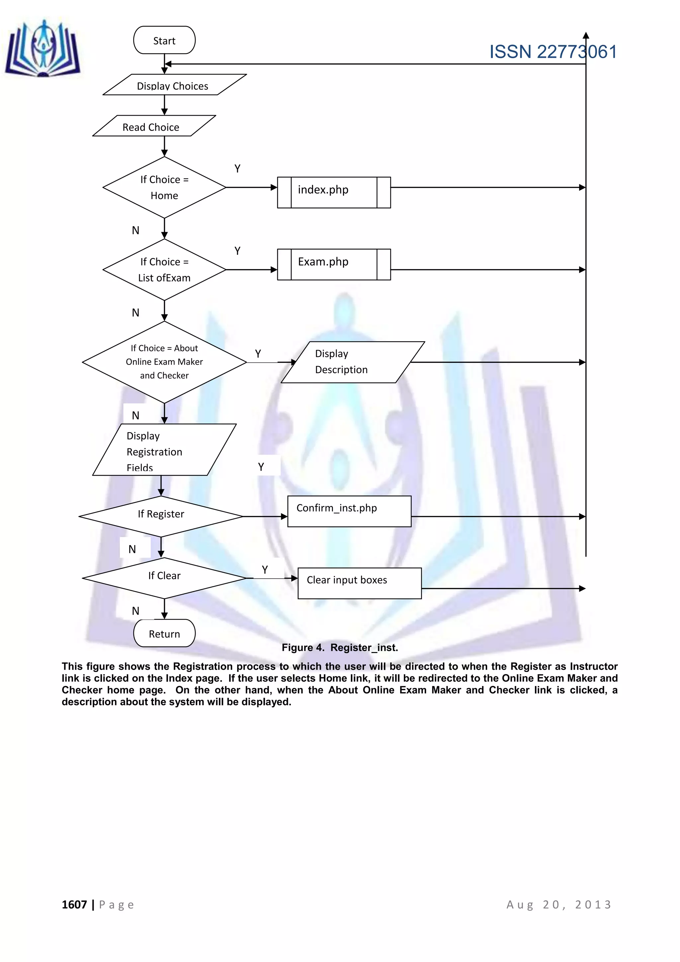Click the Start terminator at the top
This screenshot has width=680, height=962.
pyautogui.click(x=164, y=40)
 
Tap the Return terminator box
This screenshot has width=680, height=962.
pyautogui.click(x=164, y=633)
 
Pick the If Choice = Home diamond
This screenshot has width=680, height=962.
pyautogui.click(x=164, y=187)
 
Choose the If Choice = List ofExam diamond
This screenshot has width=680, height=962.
pyautogui.click(x=164, y=269)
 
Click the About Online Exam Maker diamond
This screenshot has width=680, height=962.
pyautogui.click(x=164, y=362)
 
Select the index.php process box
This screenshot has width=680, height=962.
pyautogui.click(x=333, y=192)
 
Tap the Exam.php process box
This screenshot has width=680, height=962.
pyautogui.click(x=333, y=264)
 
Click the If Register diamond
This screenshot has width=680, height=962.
pyautogui.click(x=161, y=516)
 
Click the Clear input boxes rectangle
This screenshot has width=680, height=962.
pyautogui.click(x=359, y=583)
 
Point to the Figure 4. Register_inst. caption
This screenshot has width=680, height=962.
pyautogui.click(x=340, y=647)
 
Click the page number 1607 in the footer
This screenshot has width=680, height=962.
pyautogui.click(x=74, y=905)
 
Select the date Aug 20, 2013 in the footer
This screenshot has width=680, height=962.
pyautogui.click(x=559, y=905)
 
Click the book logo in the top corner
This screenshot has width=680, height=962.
pyautogui.click(x=43, y=49)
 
